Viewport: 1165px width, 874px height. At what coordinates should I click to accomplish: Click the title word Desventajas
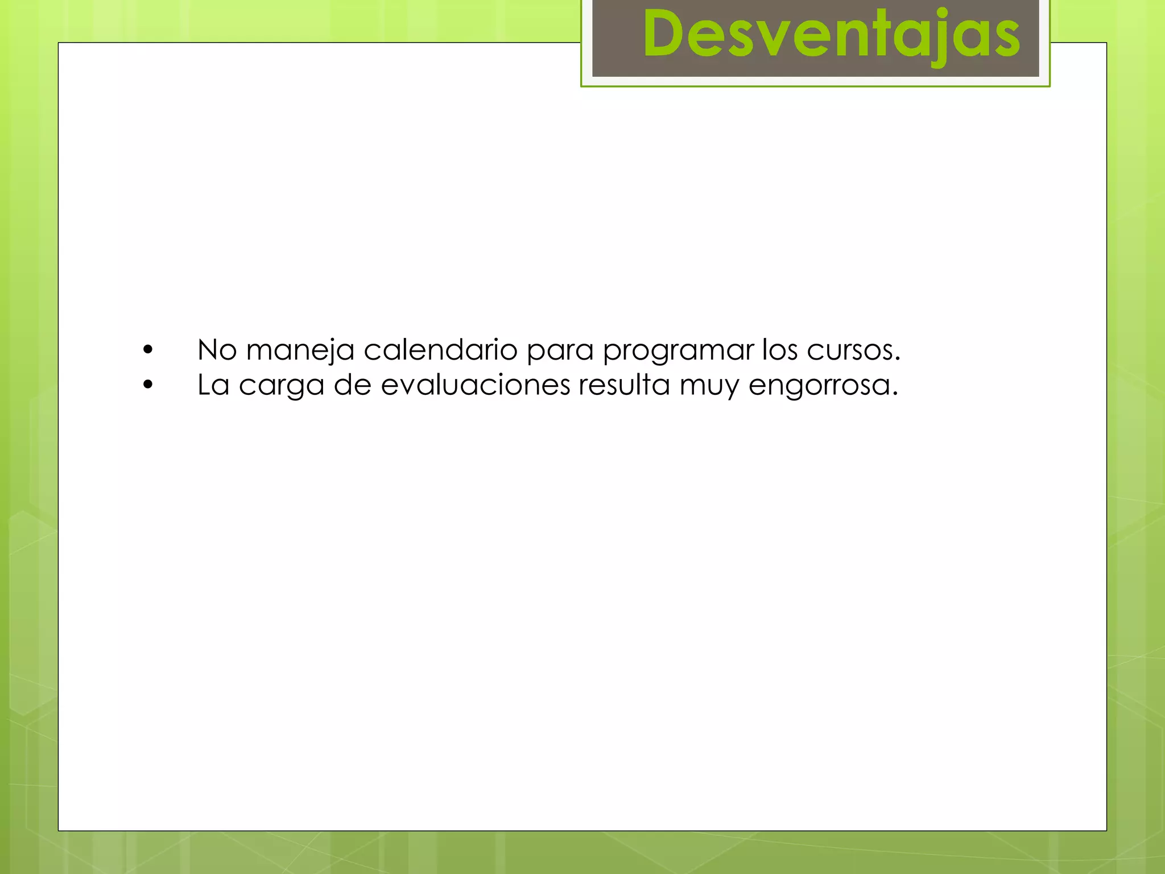[831, 35]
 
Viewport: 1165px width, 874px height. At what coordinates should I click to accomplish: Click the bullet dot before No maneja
[148, 350]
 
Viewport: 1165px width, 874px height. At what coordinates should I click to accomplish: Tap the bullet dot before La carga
[148, 385]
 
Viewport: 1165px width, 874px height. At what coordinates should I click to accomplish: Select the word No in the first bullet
[217, 349]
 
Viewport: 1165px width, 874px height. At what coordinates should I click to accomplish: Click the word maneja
[300, 351]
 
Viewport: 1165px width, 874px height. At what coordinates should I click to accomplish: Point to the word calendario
[440, 349]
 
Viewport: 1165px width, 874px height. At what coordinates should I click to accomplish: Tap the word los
[780, 349]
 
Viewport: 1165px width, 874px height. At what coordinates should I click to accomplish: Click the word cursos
[853, 351]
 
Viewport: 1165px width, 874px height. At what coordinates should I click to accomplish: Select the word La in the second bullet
[213, 385]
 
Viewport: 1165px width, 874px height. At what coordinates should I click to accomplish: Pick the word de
[353, 385]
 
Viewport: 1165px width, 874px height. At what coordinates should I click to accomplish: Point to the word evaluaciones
[475, 385]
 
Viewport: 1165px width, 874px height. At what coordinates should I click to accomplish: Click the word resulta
[624, 385]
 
